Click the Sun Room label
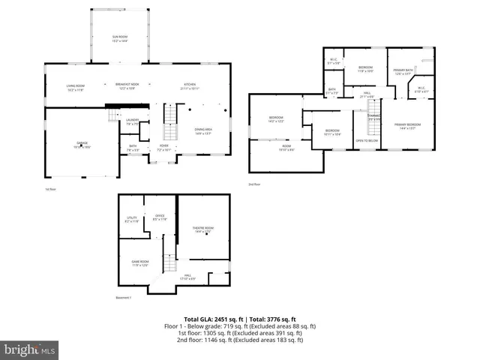[x=120, y=37]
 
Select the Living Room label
[x=74, y=87]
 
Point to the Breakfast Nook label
[x=125, y=85]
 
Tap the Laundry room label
[x=133, y=121]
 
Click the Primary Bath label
[x=403, y=72]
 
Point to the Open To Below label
[x=367, y=140]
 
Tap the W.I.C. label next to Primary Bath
[x=422, y=90]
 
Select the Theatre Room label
[x=204, y=229]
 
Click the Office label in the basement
[x=159, y=218]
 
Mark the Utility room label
[x=132, y=220]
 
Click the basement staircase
[x=170, y=265]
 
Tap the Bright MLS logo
[x=30, y=349]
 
